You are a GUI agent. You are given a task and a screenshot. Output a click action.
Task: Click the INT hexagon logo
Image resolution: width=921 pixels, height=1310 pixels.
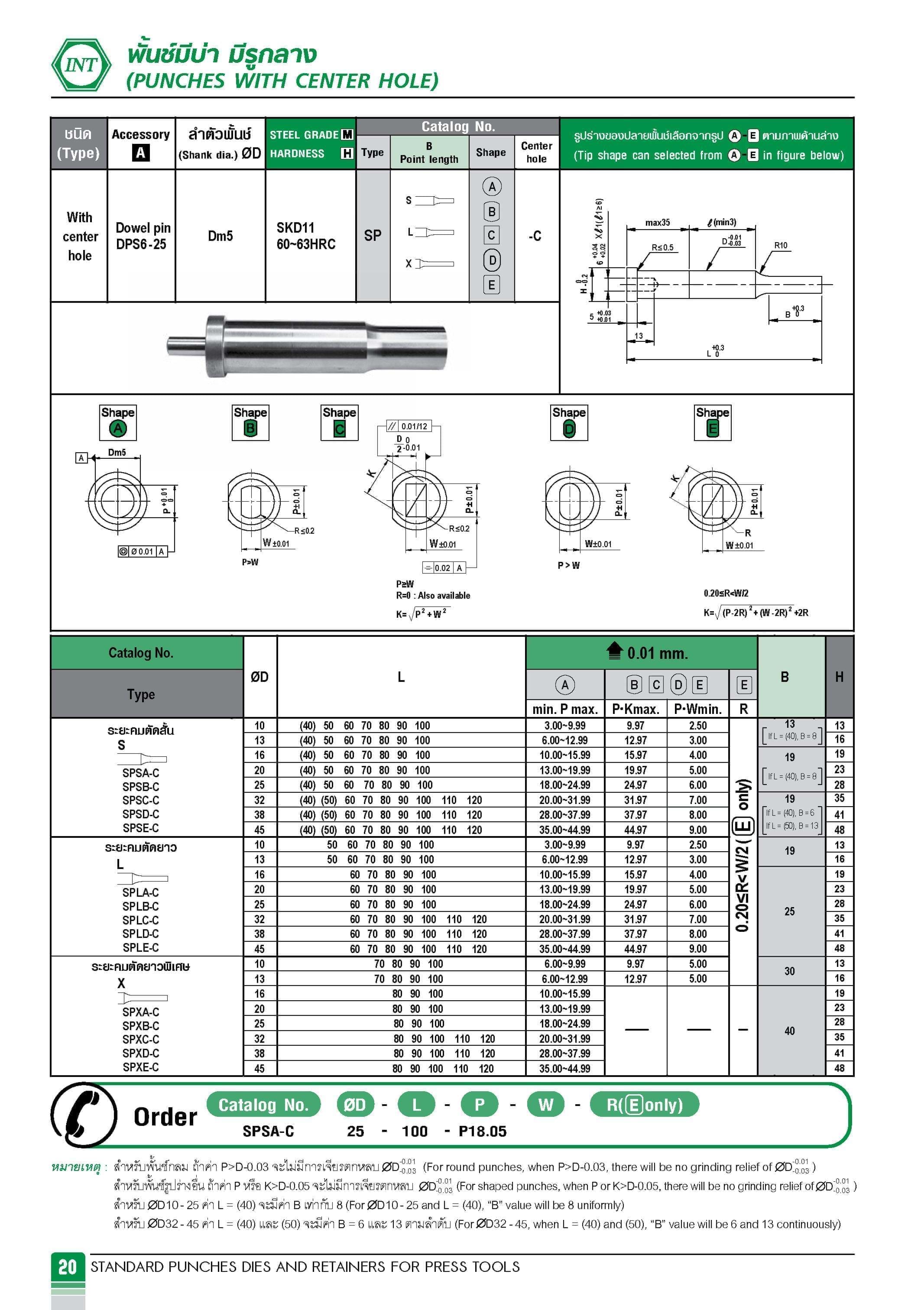pyautogui.click(x=81, y=65)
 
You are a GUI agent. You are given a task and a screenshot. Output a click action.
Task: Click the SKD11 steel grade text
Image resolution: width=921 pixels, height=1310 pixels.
pyautogui.click(x=295, y=228)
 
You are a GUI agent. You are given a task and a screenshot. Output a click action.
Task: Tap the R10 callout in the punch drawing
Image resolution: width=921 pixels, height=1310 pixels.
pyautogui.click(x=780, y=245)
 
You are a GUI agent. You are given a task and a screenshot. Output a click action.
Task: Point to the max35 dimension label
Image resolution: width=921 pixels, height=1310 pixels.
pyautogui.click(x=657, y=223)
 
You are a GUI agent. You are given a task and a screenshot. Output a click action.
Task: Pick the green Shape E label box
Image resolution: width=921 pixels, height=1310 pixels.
pyautogui.click(x=712, y=422)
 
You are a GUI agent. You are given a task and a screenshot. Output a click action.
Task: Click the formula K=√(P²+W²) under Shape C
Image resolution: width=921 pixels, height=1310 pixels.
pyautogui.click(x=421, y=614)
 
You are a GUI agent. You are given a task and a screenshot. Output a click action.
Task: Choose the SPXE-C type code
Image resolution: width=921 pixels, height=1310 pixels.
pyautogui.click(x=140, y=1067)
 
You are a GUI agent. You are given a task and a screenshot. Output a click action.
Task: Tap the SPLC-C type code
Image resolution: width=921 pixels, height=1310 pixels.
pyautogui.click(x=140, y=920)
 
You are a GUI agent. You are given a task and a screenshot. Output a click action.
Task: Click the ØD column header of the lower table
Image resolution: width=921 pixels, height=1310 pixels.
pyautogui.click(x=259, y=677)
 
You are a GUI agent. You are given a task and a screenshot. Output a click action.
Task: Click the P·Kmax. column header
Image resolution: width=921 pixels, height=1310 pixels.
pyautogui.click(x=635, y=709)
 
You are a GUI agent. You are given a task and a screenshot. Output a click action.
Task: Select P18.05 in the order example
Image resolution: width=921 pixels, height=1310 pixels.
pyautogui.click(x=482, y=1131)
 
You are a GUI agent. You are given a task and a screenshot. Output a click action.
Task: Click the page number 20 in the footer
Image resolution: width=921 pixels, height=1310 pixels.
pyautogui.click(x=67, y=1267)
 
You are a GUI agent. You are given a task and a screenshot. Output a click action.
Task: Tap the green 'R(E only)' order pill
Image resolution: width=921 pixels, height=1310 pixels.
pyautogui.click(x=644, y=1105)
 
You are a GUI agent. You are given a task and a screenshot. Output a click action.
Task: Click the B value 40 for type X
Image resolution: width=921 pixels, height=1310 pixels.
pyautogui.click(x=789, y=1031)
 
